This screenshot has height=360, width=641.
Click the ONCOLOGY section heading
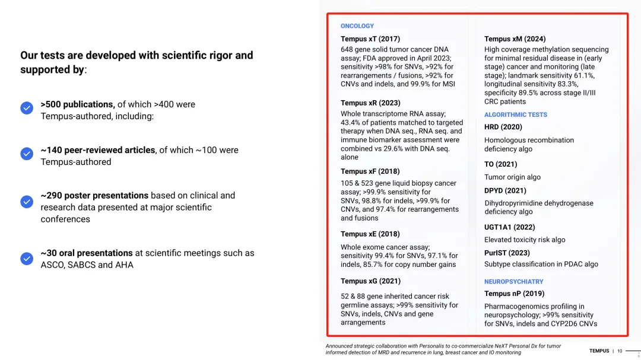click(357, 26)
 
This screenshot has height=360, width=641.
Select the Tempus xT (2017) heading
click(370, 39)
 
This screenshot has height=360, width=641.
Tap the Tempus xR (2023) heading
click(370, 103)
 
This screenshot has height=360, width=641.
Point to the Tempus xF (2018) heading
click(370, 171)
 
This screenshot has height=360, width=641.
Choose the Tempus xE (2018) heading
click(370, 234)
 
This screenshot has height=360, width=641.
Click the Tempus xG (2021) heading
click(370, 281)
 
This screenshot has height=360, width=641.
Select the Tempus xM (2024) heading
click(515, 39)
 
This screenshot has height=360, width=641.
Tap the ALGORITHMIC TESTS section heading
click(515, 115)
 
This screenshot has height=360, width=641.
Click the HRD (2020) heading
click(503, 127)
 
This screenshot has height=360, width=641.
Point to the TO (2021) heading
click(500, 164)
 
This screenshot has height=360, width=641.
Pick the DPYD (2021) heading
click(505, 191)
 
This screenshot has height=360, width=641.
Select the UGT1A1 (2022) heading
click(509, 227)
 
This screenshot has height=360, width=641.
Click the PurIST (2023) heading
click(507, 253)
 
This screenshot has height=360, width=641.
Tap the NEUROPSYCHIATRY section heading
click(513, 282)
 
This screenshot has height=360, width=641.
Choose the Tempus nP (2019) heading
click(514, 294)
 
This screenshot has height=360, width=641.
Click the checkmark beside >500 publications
click(27, 108)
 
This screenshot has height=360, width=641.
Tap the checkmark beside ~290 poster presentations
click(27, 202)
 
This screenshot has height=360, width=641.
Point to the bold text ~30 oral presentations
click(87, 253)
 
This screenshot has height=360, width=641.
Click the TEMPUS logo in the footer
click(599, 351)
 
